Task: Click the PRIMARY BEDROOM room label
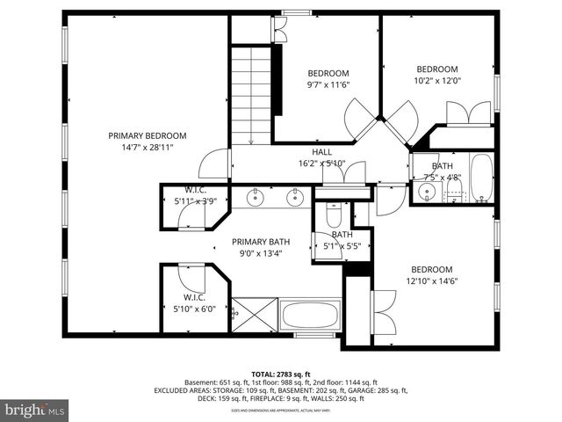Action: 148,135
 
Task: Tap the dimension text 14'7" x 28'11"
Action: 148,147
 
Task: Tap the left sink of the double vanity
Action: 256,197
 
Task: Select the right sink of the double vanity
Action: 296,197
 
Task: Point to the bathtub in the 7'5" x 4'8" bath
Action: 482,178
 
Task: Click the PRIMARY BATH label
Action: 261,242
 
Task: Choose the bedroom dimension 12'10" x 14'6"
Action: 431,281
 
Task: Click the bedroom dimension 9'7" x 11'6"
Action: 328,84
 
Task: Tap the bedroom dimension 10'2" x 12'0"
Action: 437,81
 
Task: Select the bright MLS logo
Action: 35,409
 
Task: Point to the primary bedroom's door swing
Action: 213,164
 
